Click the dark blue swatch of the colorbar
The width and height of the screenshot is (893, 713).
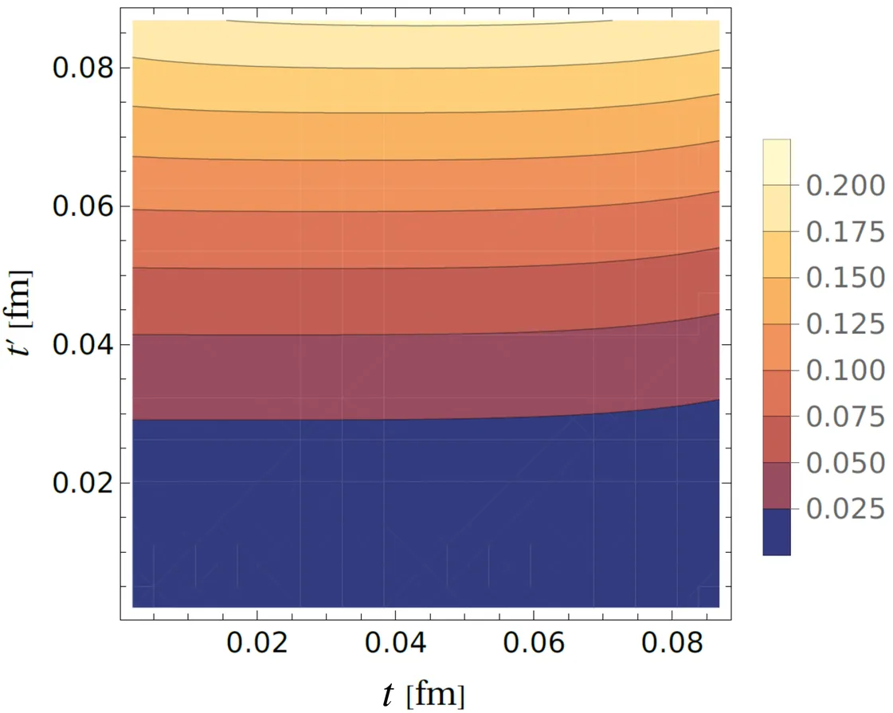(776, 532)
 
